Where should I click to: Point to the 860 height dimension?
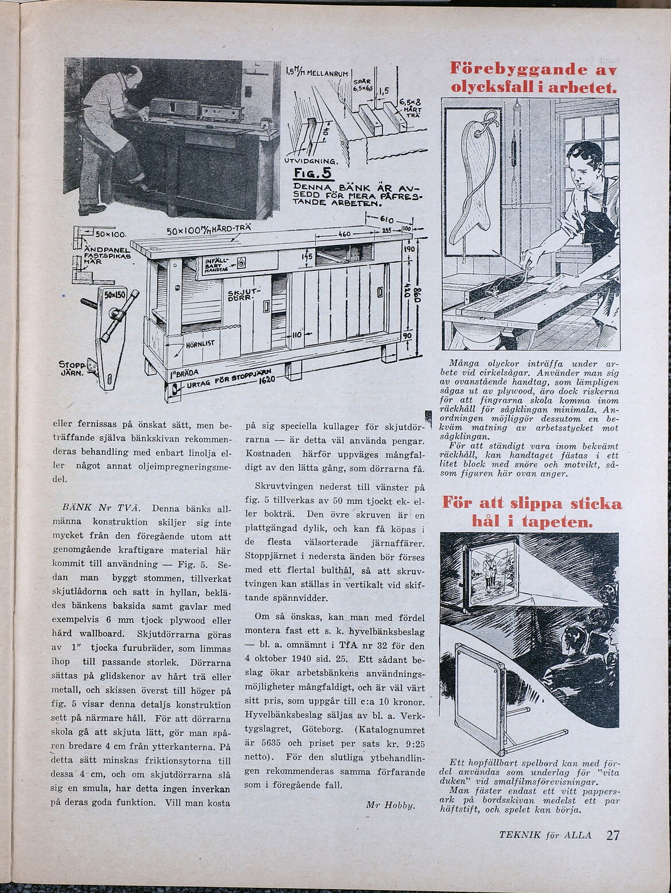click(418, 298)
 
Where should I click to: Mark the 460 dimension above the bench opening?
click(344, 235)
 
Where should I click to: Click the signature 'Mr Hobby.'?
click(391, 805)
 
